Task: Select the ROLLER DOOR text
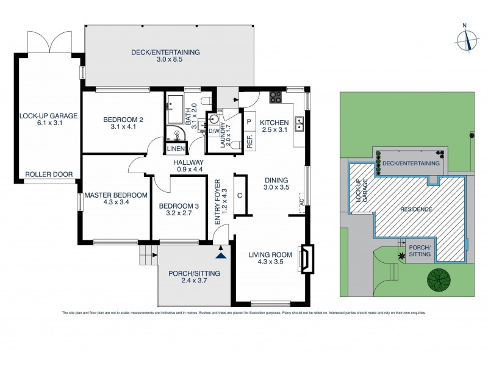click(x=48, y=174)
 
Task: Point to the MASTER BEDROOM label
click(x=116, y=199)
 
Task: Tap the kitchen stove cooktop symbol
click(x=276, y=98)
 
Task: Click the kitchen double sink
click(x=300, y=124)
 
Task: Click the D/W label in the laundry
click(x=213, y=131)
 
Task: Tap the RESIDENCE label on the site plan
click(x=417, y=209)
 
